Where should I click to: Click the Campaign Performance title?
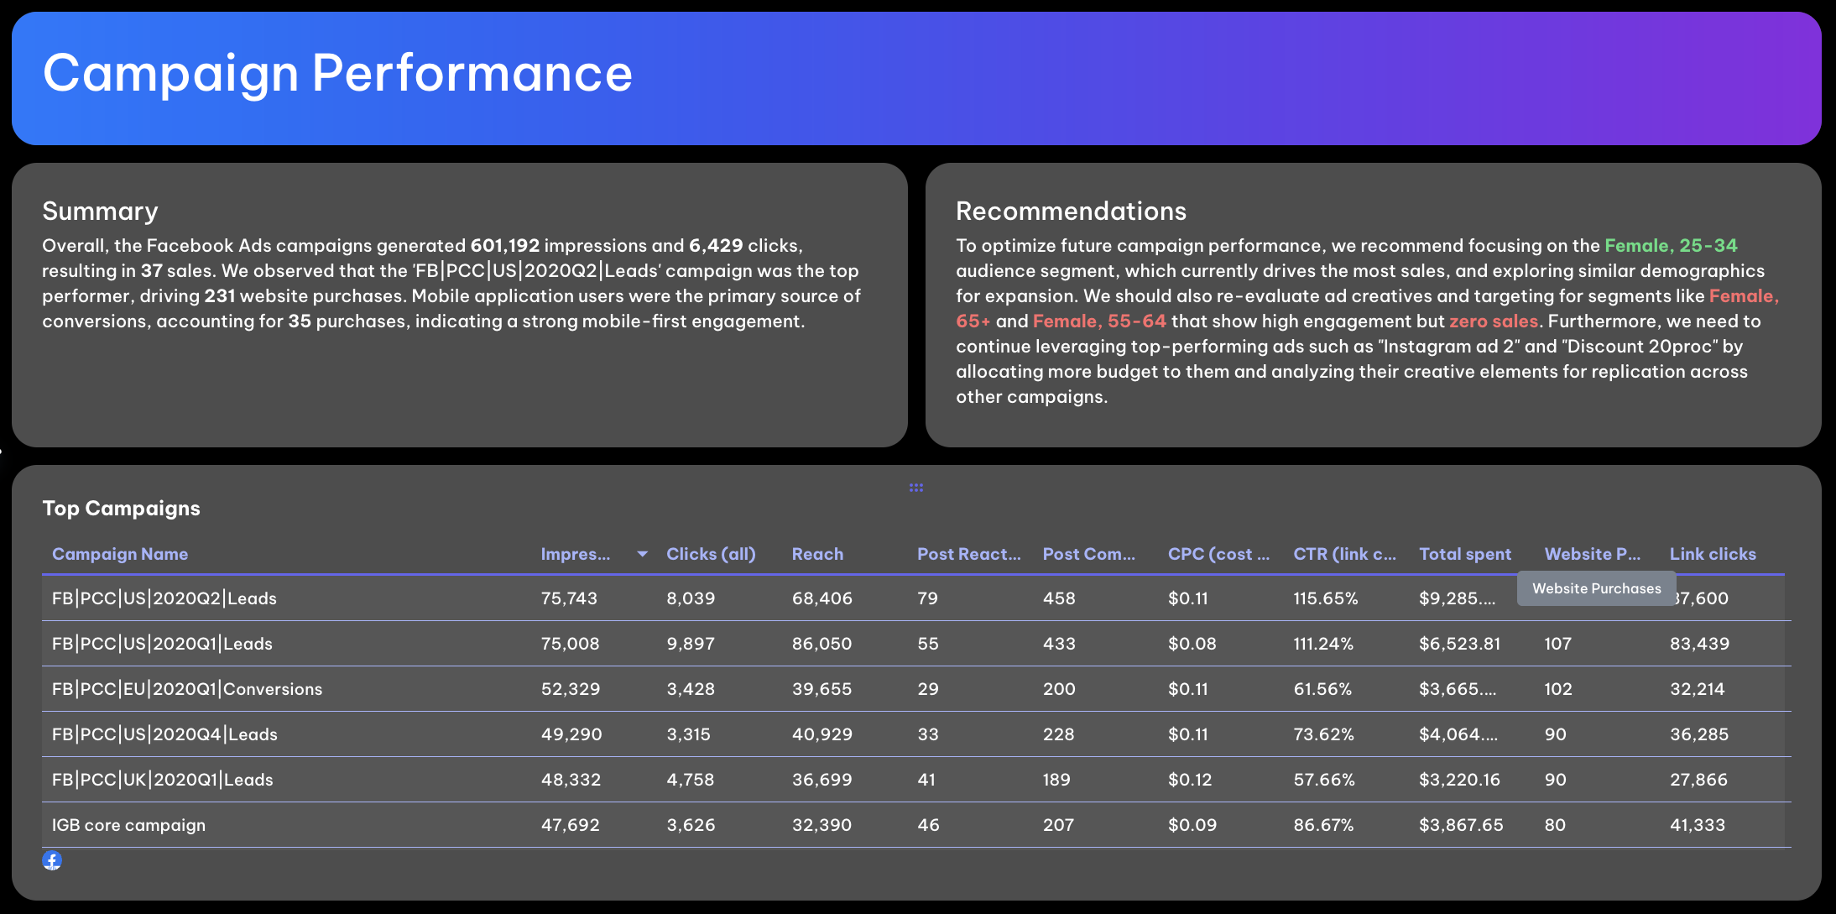pyautogui.click(x=337, y=73)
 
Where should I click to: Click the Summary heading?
pyautogui.click(x=100, y=211)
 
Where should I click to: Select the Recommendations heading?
pyautogui.click(x=1071, y=211)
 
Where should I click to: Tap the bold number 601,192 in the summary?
pyautogui.click(x=504, y=246)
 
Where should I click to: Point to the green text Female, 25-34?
pyautogui.click(x=1670, y=246)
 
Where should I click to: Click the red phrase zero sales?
pyautogui.click(x=1493, y=321)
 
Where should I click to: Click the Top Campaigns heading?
pyautogui.click(x=121, y=508)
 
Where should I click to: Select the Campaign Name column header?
pyautogui.click(x=120, y=554)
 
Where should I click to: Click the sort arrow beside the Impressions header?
pyautogui.click(x=642, y=554)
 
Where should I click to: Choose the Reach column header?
pyautogui.click(x=817, y=554)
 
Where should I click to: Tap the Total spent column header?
pyautogui.click(x=1464, y=554)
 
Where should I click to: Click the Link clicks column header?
pyautogui.click(x=1712, y=554)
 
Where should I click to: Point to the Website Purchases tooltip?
pyautogui.click(x=1596, y=588)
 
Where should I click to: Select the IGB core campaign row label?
pyautogui.click(x=128, y=825)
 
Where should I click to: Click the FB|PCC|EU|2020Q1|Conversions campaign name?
pyautogui.click(x=186, y=689)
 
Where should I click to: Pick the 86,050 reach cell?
pyautogui.click(x=822, y=644)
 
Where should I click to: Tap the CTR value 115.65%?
pyautogui.click(x=1325, y=598)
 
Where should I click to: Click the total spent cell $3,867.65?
pyautogui.click(x=1460, y=825)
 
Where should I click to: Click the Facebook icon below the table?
pyautogui.click(x=52, y=860)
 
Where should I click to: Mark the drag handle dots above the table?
pyautogui.click(x=915, y=488)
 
